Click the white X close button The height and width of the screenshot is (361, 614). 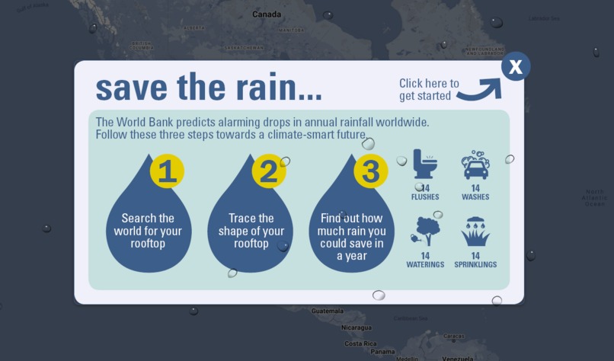[516, 67]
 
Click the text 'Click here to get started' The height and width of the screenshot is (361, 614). [429, 90]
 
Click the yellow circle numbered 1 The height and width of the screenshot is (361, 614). [167, 171]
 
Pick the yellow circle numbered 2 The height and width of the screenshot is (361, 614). [268, 171]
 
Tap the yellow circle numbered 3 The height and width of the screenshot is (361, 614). [370, 171]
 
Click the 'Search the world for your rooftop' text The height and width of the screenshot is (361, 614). [149, 231]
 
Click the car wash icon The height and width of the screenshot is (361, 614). [475, 165]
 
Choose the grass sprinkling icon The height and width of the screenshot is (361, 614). [475, 232]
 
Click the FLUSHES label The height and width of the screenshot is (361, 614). [425, 197]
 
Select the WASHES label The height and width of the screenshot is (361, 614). [475, 197]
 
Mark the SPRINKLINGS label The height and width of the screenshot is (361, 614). [475, 265]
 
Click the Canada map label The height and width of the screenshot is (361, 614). [266, 14]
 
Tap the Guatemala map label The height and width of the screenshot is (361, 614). [327, 311]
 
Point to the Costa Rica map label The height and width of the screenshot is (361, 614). [360, 343]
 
